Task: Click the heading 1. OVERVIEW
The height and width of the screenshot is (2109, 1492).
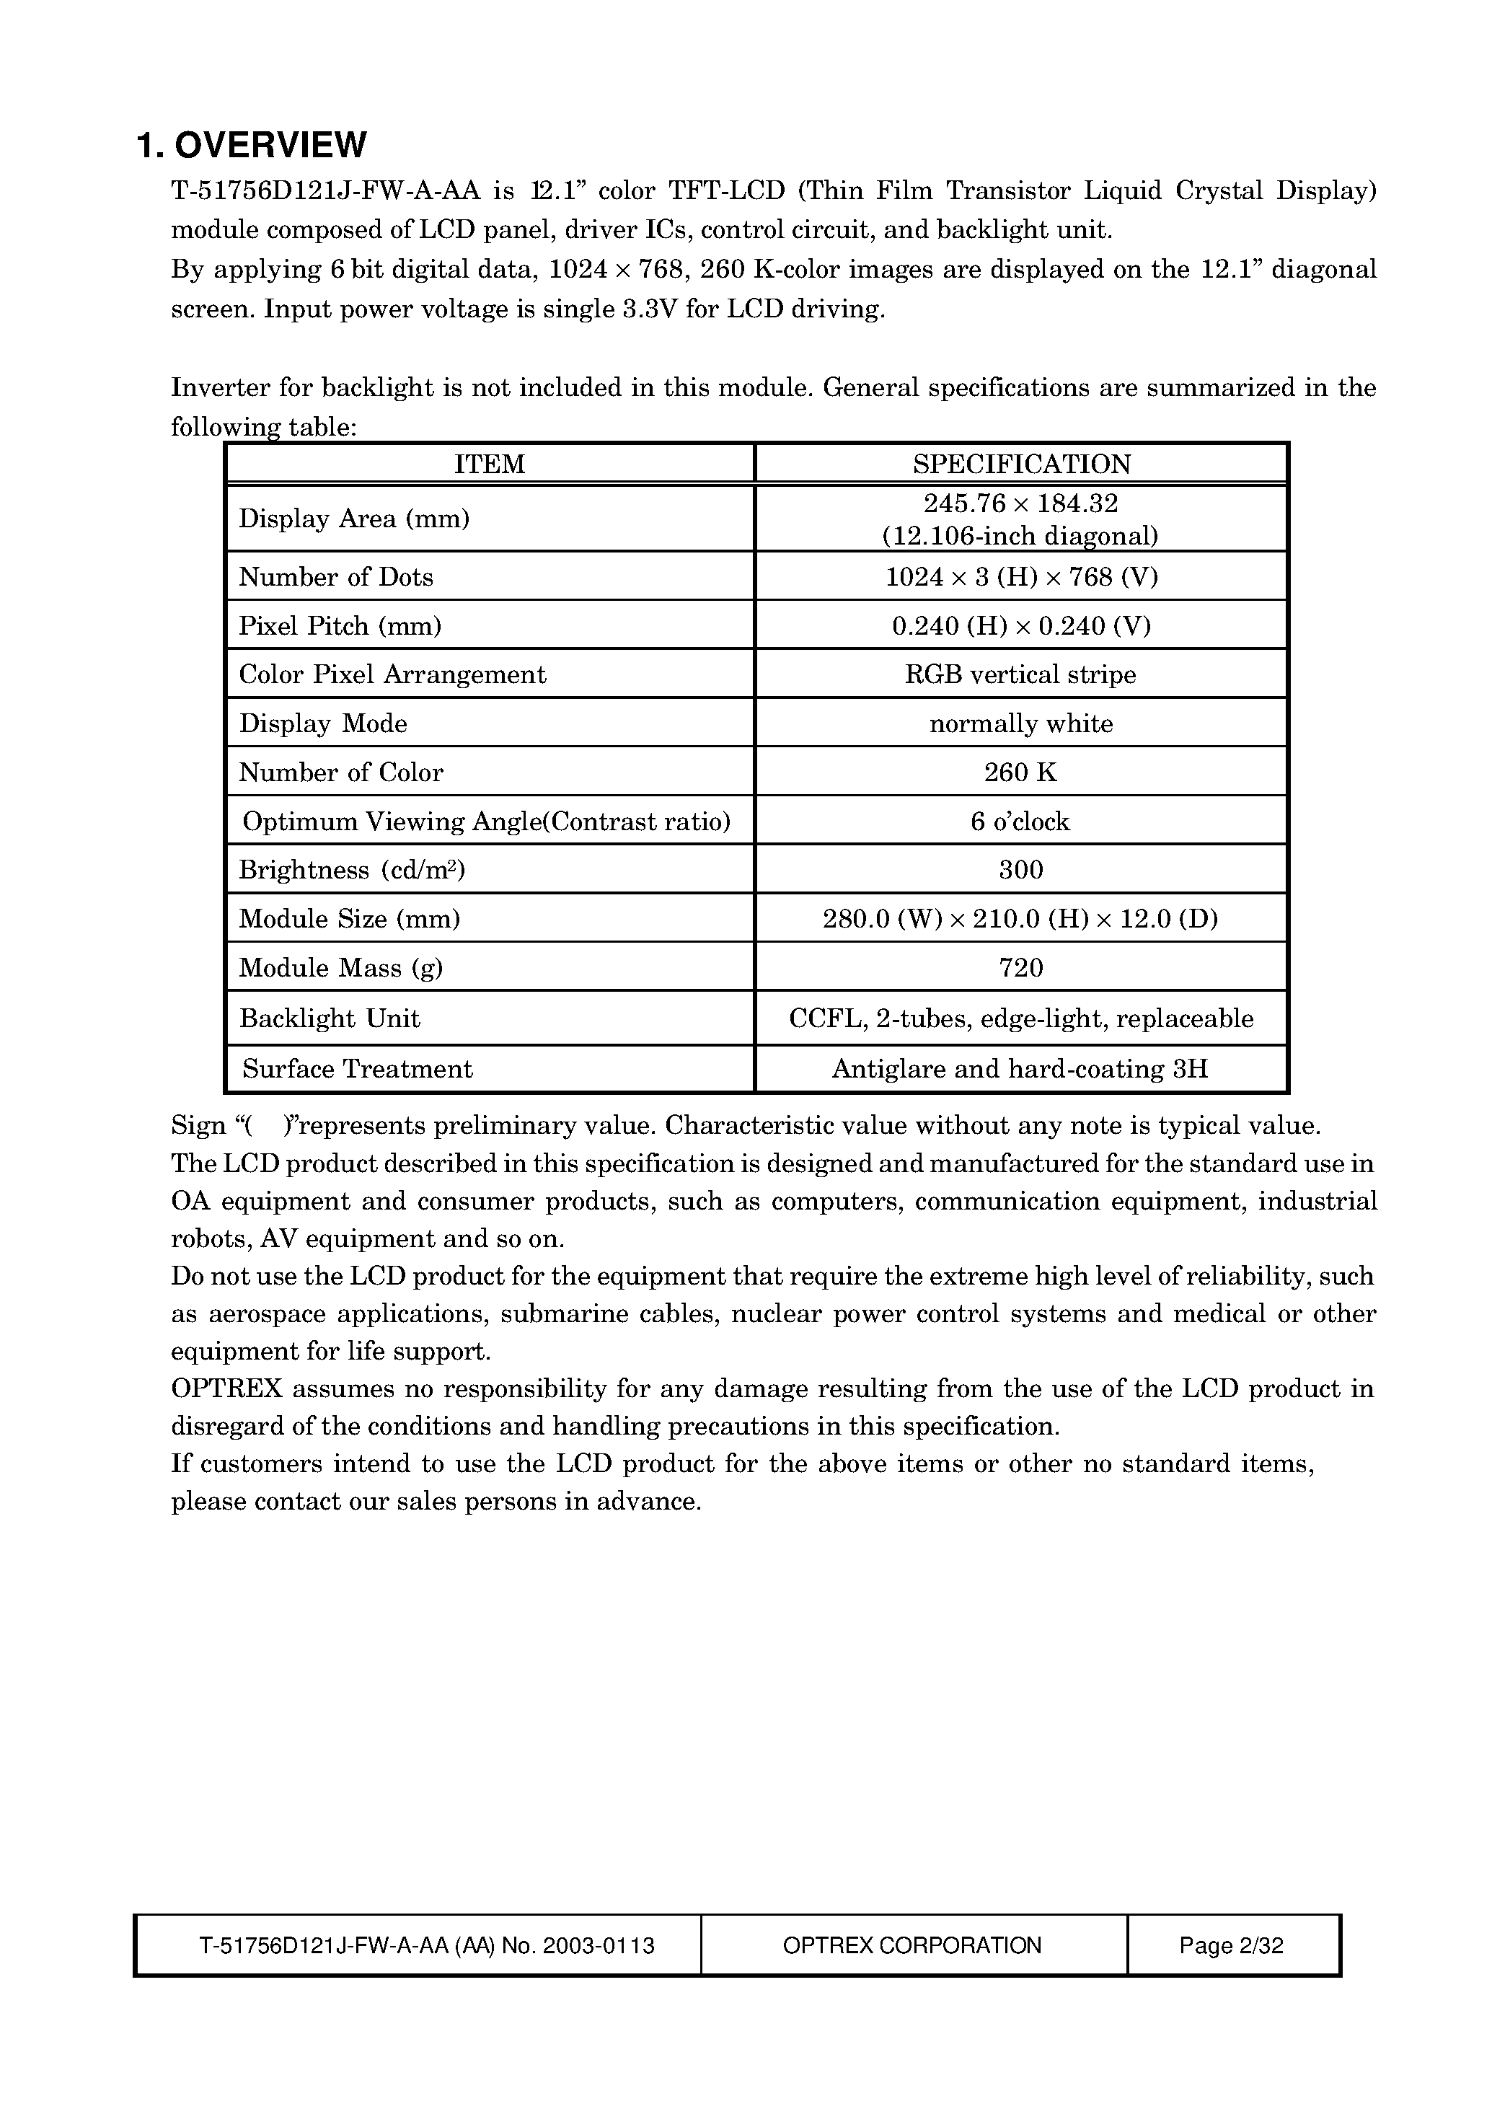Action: tap(251, 145)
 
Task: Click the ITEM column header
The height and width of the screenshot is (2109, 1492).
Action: tap(489, 464)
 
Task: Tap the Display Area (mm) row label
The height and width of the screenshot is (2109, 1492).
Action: tap(353, 519)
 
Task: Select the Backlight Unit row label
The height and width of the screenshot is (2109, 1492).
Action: tap(329, 1018)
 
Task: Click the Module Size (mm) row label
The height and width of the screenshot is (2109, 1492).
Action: tap(349, 919)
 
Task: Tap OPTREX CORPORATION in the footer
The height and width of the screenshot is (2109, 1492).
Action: tap(911, 1945)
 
